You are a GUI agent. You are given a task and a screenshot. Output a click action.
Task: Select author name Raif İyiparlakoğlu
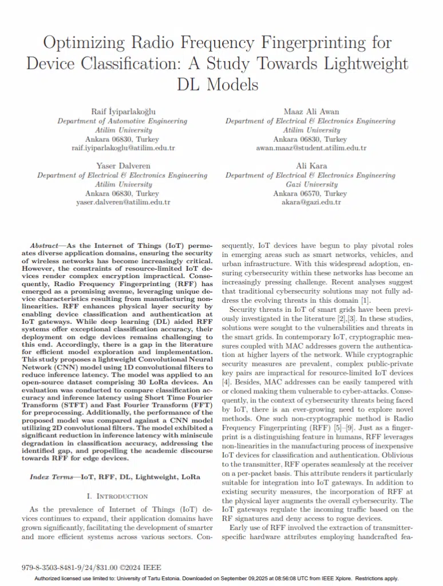(x=122, y=112)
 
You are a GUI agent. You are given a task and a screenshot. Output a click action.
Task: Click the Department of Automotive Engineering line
(x=122, y=121)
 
